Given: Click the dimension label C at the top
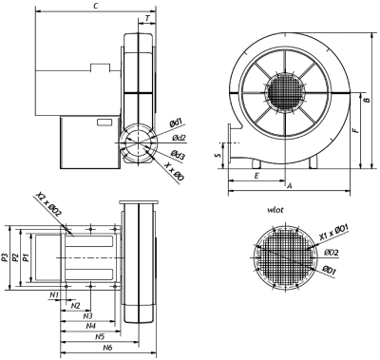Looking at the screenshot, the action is coord(95,6).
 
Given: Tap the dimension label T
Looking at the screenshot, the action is coord(147,18).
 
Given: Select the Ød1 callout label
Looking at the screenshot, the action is coord(176,123).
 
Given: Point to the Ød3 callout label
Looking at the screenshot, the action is coord(178,154).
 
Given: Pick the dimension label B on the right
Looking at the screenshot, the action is coord(367,100).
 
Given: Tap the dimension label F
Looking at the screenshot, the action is coord(356,130).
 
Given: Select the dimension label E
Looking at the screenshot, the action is coord(256,176).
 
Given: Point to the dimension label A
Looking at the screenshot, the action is coord(289,186).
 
